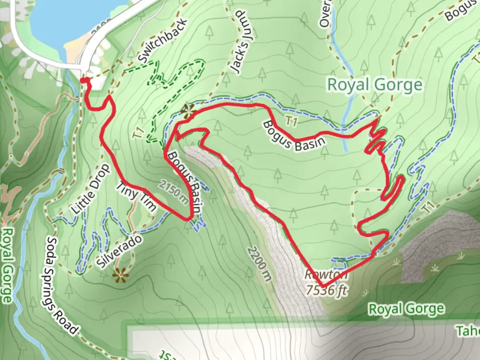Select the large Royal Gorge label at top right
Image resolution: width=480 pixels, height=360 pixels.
(375, 85)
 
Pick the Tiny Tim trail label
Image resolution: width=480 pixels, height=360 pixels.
(136, 197)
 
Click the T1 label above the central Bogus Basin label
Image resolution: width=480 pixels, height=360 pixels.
(291, 122)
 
